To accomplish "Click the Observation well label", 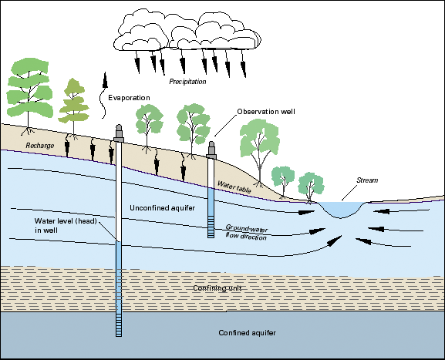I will [x=266, y=112].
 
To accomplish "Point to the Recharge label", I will [x=39, y=145].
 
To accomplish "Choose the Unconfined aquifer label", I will [x=160, y=208].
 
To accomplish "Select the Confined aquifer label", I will [x=248, y=332].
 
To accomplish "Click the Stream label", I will [x=368, y=180].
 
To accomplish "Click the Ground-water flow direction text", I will [x=246, y=232].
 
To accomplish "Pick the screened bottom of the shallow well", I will [x=211, y=225].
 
